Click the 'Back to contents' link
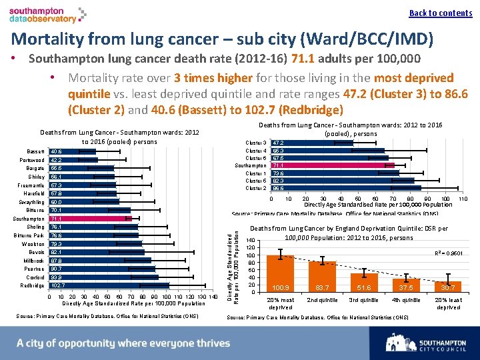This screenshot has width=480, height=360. (x=440, y=13)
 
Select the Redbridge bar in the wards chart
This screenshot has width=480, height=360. (x=110, y=285)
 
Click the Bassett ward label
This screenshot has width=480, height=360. (x=36, y=152)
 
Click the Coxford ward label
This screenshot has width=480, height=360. (x=35, y=277)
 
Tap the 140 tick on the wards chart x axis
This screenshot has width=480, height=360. (x=213, y=297)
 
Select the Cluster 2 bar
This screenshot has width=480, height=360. (x=345, y=189)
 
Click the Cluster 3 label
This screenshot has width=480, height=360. (x=256, y=143)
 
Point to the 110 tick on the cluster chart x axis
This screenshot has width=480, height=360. (x=463, y=199)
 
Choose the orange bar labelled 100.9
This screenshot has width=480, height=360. (x=280, y=273)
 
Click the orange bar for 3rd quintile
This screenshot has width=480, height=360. (x=365, y=283)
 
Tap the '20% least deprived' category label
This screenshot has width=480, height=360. (x=448, y=304)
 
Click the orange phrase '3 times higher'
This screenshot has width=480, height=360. (x=205, y=78)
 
